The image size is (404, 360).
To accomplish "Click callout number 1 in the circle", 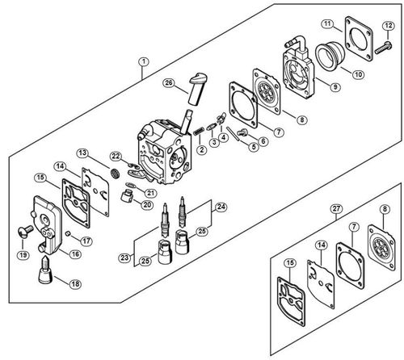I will tap(143, 61).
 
